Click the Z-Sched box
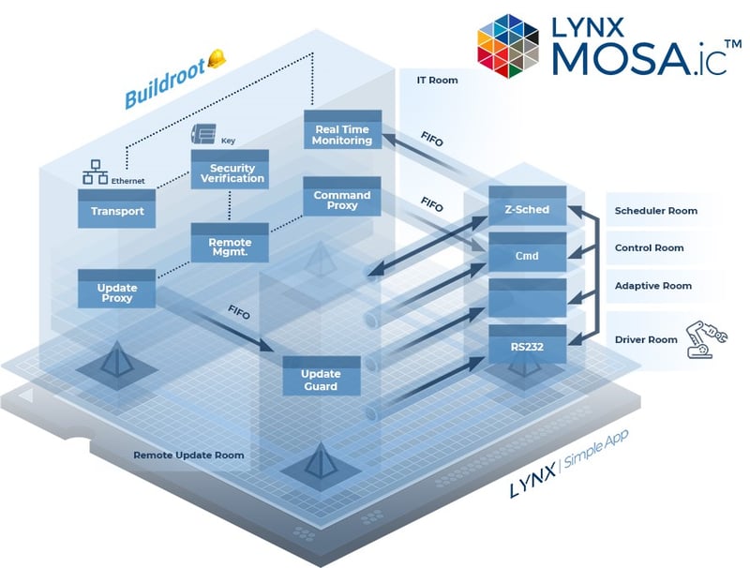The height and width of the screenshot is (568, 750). [527, 209]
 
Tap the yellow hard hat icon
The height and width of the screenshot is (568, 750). [217, 58]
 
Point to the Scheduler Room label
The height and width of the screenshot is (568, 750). [655, 211]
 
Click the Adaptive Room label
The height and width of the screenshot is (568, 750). [652, 286]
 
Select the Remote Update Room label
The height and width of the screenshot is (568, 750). [188, 455]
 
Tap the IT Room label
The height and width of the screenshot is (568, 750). [437, 81]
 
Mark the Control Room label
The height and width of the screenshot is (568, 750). [648, 248]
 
